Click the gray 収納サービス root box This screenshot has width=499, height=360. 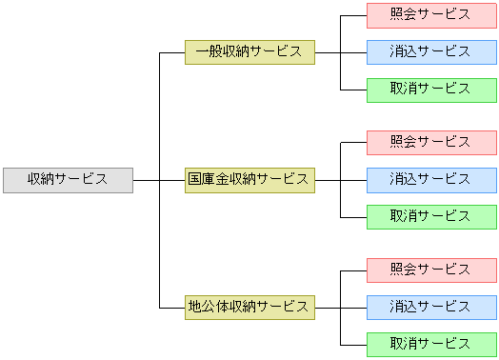(x=68, y=179)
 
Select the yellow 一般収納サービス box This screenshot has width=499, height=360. (x=249, y=51)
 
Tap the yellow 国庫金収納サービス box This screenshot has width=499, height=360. (x=249, y=179)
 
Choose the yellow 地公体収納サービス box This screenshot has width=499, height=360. (x=249, y=307)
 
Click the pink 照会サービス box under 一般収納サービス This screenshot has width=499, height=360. (x=431, y=15)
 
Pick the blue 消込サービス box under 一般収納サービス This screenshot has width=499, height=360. (x=431, y=51)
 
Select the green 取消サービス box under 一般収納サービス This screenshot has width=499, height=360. (x=431, y=89)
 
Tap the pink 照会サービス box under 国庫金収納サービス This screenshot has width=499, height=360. (x=431, y=142)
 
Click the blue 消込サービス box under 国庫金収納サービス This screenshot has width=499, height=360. (x=431, y=179)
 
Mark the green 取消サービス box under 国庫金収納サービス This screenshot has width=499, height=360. (x=431, y=216)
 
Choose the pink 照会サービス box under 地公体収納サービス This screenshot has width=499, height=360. (x=431, y=270)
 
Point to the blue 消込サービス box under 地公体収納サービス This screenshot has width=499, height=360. (x=431, y=307)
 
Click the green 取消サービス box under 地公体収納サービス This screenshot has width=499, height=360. (x=431, y=343)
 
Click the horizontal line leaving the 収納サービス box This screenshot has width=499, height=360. (x=146, y=179)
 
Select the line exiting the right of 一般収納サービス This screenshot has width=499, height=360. (x=327, y=52)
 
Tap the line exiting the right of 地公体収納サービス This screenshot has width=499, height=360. (x=327, y=307)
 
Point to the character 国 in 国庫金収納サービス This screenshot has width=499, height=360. (x=194, y=179)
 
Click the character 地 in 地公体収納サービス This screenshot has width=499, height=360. (x=194, y=307)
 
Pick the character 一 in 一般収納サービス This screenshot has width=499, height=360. (x=201, y=51)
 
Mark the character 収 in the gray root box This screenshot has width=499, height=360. (x=33, y=179)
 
